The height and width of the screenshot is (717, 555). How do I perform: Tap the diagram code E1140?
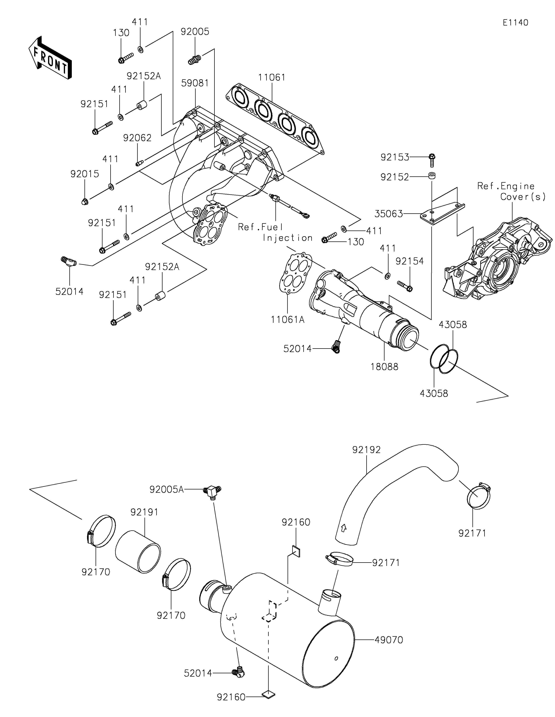(x=515, y=23)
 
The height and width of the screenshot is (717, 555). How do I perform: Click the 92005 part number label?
(x=195, y=32)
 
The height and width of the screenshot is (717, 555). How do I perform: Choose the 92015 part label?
(x=85, y=174)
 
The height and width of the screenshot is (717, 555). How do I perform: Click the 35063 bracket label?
(x=389, y=214)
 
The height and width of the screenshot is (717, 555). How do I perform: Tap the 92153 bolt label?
(x=395, y=158)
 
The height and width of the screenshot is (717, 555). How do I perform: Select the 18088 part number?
(x=384, y=367)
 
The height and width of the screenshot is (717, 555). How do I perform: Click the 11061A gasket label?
(x=288, y=319)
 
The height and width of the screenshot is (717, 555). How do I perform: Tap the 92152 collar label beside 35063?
(x=395, y=177)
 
